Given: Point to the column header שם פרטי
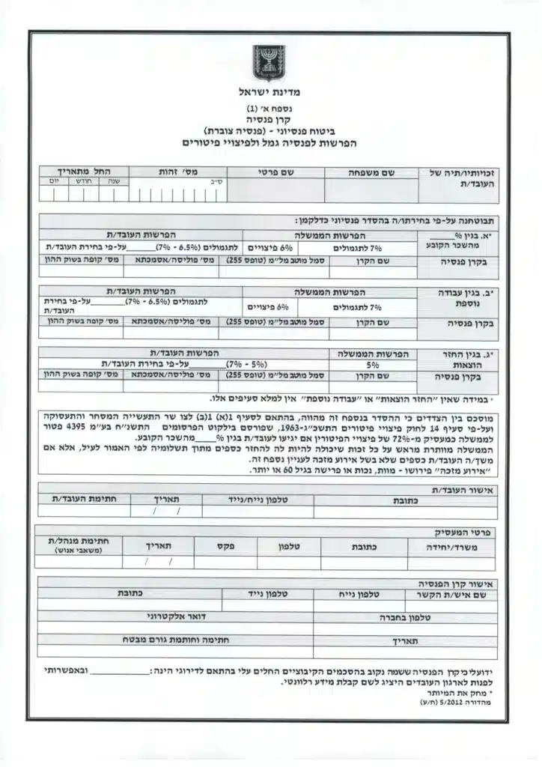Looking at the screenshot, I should (275, 172).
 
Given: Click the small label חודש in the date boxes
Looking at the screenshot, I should (82, 181).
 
